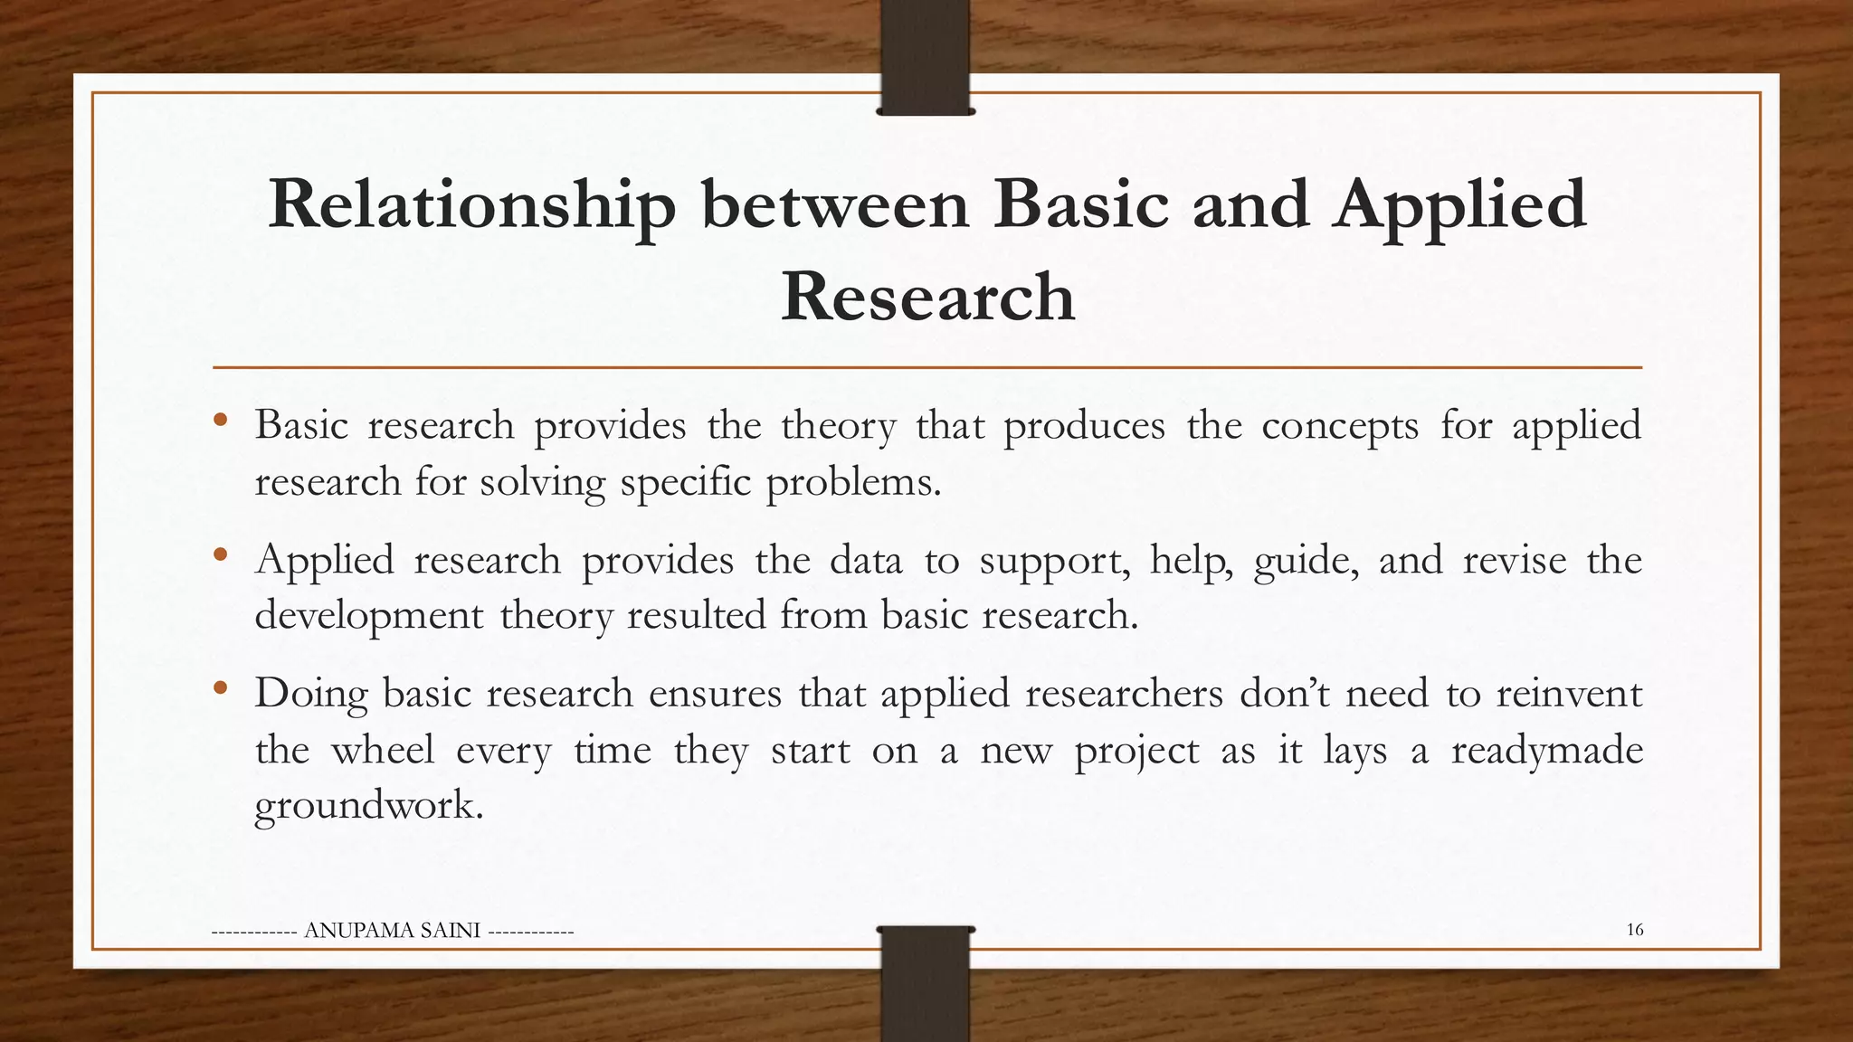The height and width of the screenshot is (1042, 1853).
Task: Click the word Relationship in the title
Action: click(x=471, y=205)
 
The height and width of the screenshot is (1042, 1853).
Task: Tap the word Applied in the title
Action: click(x=1459, y=205)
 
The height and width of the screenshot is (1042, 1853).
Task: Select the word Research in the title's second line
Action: click(x=927, y=297)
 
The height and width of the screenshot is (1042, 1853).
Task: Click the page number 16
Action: click(x=1634, y=930)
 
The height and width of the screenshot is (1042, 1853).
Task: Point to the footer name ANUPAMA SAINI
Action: click(x=393, y=931)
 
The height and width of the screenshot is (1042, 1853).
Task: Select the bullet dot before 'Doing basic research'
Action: click(x=221, y=689)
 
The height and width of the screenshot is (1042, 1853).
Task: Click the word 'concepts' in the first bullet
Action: click(x=1339, y=426)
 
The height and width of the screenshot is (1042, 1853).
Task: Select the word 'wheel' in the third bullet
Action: click(x=382, y=751)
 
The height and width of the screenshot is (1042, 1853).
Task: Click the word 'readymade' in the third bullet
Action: click(x=1546, y=751)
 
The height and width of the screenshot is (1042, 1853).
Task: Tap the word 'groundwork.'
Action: click(x=368, y=805)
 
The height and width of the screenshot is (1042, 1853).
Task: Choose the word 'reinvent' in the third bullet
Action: click(x=1568, y=695)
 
